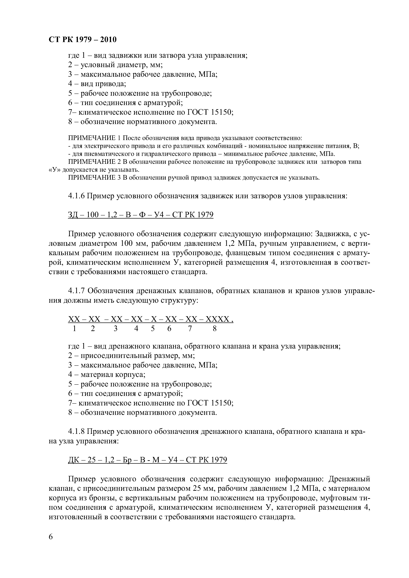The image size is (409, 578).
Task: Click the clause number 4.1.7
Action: coord(77,291)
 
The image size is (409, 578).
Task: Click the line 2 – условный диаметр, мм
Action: coord(115,65)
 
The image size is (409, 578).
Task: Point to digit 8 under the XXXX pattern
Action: coord(215,329)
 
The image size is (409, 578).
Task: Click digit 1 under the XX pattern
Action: coord(74,329)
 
